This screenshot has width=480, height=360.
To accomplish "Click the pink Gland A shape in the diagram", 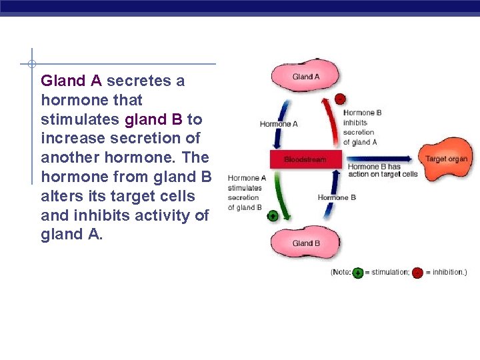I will pyautogui.click(x=305, y=77).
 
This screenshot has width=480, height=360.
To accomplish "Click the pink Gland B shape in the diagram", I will pyautogui.click(x=305, y=243).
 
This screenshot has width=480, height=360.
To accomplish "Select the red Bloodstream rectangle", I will pyautogui.click(x=305, y=159).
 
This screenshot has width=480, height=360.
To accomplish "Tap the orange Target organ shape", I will pyautogui.click(x=445, y=160).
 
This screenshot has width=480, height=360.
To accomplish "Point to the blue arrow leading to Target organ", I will pyautogui.click(x=380, y=159).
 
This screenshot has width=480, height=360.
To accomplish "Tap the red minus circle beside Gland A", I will pyautogui.click(x=340, y=99).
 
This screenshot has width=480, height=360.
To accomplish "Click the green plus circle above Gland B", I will pyautogui.click(x=272, y=216).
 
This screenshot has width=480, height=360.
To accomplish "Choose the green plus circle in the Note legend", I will pyautogui.click(x=357, y=273).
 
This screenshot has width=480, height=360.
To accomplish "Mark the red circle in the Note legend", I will pyautogui.click(x=417, y=273).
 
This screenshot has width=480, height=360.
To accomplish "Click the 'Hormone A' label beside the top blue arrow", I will pyautogui.click(x=279, y=124).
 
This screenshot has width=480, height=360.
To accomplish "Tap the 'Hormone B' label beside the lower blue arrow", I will pyautogui.click(x=337, y=197).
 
